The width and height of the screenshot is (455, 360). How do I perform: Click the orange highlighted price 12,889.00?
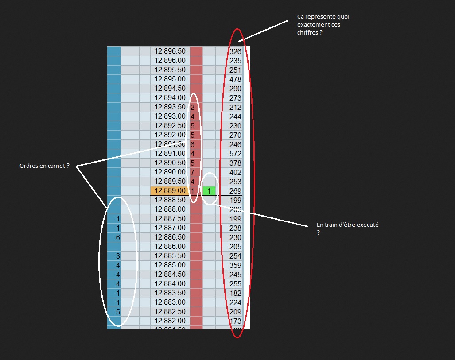point(170,191)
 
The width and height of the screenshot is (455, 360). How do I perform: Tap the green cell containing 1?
point(209,191)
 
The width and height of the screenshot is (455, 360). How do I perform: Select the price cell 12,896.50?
point(170,51)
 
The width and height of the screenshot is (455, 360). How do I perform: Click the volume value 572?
point(235,154)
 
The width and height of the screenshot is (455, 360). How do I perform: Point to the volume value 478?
point(235,79)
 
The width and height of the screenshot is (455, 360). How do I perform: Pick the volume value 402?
point(235,172)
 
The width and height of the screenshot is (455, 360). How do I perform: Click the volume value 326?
point(235,51)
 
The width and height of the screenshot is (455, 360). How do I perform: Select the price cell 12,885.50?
point(170,256)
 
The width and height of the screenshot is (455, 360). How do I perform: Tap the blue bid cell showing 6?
point(118,237)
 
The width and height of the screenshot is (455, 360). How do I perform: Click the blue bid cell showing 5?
point(118,312)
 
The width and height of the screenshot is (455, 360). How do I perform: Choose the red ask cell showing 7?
point(193,172)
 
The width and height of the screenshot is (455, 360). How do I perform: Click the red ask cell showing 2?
point(193,107)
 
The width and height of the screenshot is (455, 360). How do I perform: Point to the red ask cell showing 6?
point(193,144)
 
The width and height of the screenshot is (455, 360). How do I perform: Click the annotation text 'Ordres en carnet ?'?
point(44,166)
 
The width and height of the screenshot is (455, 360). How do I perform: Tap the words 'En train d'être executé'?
point(347,225)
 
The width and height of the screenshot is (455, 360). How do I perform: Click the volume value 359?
point(235,265)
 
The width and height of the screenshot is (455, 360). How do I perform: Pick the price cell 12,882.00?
point(170,321)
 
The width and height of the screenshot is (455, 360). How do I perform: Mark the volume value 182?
point(235,293)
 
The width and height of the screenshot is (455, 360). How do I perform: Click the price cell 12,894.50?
point(170,89)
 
